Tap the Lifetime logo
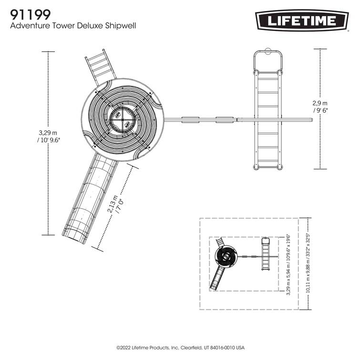coord(301,21)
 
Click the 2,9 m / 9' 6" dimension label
coord(320,106)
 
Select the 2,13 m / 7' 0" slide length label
coord(116,205)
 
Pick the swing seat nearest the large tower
coord(190,119)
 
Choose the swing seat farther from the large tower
coord(225,119)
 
